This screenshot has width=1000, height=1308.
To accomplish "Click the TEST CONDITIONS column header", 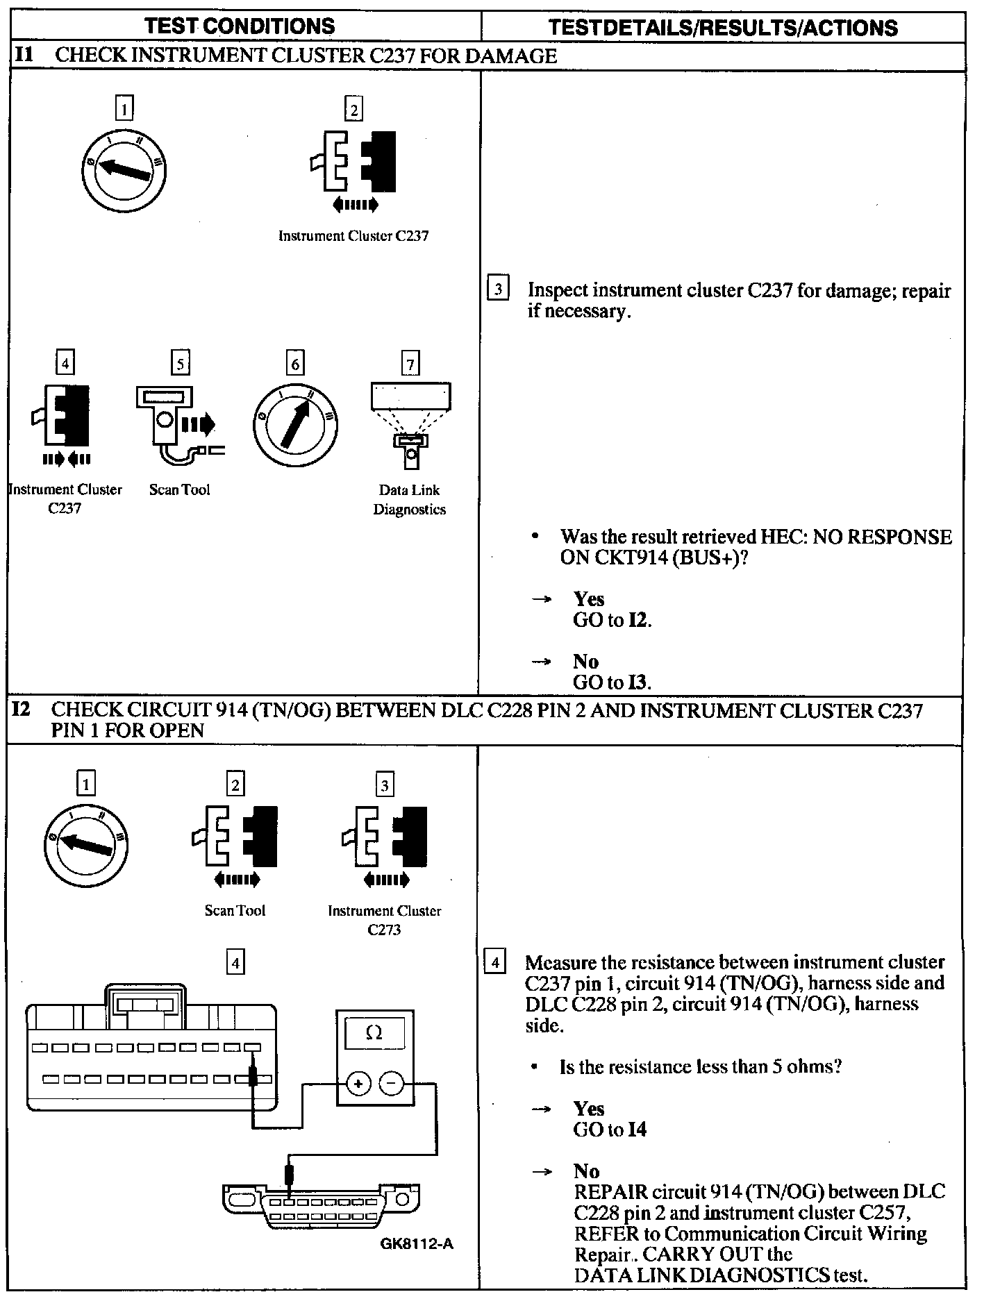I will [240, 26].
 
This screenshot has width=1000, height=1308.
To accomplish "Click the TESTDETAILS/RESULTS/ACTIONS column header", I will [723, 28].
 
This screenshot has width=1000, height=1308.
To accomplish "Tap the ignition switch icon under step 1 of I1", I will [123, 168].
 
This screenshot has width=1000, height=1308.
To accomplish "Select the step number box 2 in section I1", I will [353, 109].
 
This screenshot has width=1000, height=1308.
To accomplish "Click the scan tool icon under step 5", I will [177, 424].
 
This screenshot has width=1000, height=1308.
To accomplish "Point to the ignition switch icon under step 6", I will [295, 424].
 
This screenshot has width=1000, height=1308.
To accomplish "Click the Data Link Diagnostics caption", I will [410, 499].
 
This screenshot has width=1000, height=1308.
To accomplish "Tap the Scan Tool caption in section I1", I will [179, 489].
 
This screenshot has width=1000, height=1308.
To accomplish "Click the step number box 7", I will [410, 364].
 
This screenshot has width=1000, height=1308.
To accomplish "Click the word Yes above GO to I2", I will [588, 599].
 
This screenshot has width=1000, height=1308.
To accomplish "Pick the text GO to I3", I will [612, 682].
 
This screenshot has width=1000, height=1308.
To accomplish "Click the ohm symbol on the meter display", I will [374, 1033].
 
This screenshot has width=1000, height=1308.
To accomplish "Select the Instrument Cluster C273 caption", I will [384, 920].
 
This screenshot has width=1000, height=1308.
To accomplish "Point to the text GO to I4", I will [609, 1130].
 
